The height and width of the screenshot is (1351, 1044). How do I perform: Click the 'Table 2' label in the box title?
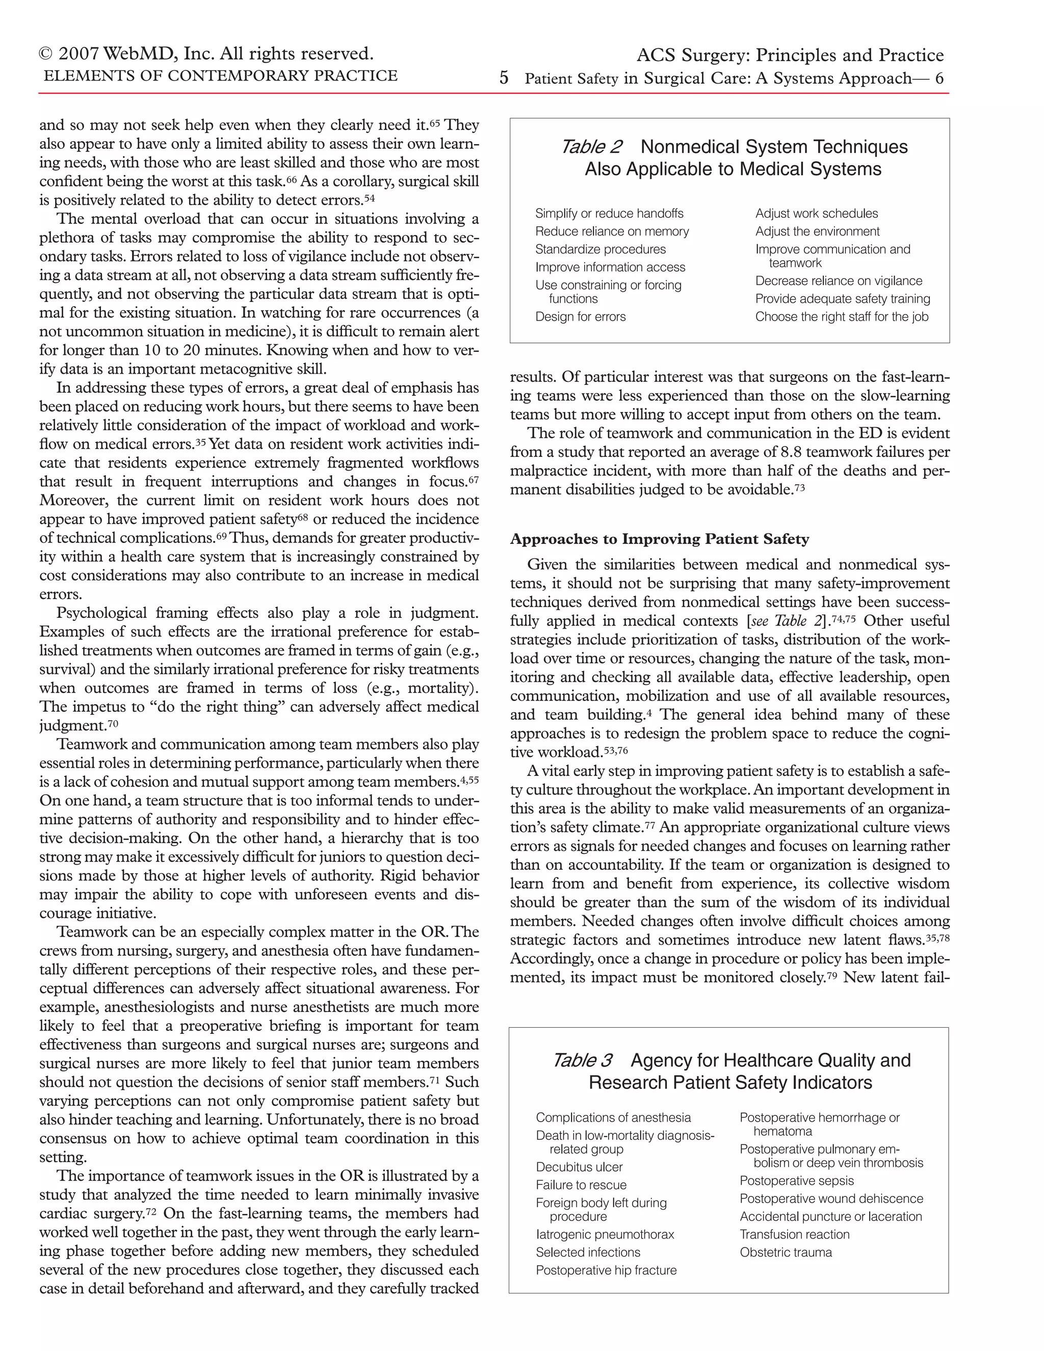pos(591,147)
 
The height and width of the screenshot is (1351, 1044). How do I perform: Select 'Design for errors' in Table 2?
pos(580,317)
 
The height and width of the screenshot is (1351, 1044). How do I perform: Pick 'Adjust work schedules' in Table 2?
pos(817,214)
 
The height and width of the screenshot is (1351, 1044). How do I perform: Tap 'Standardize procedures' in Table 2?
pos(600,249)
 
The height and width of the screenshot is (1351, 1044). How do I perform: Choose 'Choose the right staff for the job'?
pos(841,317)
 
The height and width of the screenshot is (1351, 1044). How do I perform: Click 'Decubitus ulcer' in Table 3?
pos(579,1167)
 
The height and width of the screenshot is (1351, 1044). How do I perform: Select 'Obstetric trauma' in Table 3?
pos(786,1253)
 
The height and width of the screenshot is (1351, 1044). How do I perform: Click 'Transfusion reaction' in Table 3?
pos(794,1235)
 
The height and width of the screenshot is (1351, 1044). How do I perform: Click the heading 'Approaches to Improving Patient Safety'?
pos(659,539)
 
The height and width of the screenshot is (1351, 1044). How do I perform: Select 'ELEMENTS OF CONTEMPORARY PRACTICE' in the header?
pos(220,76)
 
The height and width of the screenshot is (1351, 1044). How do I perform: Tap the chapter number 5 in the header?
pos(504,79)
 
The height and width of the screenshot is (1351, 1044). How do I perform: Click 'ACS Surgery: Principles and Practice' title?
pos(790,56)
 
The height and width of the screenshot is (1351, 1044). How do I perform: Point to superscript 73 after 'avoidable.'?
pos(800,487)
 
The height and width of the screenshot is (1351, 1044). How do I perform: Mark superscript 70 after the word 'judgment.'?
pos(113,722)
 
